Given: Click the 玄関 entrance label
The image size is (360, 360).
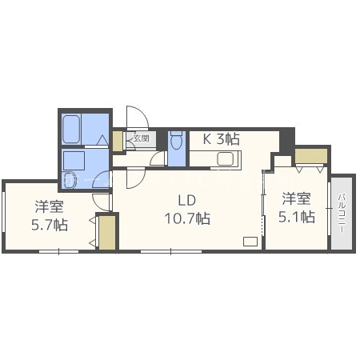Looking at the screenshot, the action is (x=142, y=138).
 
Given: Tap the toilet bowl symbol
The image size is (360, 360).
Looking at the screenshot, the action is (x=176, y=141).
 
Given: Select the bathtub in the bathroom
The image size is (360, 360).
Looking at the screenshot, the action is (x=71, y=130).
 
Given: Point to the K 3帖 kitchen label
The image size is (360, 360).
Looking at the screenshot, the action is (x=222, y=138).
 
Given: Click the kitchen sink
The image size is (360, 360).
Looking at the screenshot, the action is (x=226, y=159).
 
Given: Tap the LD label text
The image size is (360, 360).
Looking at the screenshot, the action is (x=187, y=200).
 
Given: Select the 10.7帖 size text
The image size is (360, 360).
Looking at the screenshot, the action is (x=187, y=218).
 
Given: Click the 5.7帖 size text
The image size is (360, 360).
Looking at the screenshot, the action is (x=50, y=225).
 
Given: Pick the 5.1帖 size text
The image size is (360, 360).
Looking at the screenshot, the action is (x=297, y=217).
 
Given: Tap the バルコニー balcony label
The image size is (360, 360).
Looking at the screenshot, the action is (x=342, y=214).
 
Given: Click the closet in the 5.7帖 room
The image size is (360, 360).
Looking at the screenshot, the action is (x=107, y=233).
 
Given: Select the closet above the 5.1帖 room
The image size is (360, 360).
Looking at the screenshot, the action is (x=311, y=156).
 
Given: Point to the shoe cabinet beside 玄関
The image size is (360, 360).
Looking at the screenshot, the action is (x=117, y=141).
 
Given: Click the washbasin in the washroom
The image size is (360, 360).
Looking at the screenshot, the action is (x=70, y=180).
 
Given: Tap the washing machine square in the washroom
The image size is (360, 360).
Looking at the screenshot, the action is (x=74, y=161).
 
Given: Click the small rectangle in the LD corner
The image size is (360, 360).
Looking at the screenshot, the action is (x=250, y=242).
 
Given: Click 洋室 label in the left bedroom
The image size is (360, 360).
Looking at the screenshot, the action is (x=50, y=206).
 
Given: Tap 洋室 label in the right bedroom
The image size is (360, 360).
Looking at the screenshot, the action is (x=297, y=198).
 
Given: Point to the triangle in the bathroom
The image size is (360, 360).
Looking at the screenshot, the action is (x=102, y=140).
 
